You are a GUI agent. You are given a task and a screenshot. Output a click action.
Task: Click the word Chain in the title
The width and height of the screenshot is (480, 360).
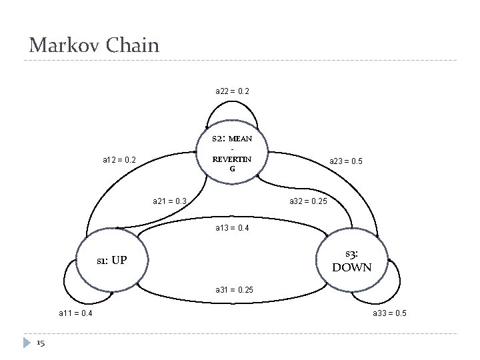click(133, 45)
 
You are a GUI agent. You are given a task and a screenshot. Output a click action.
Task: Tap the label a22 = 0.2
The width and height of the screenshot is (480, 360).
click(232, 90)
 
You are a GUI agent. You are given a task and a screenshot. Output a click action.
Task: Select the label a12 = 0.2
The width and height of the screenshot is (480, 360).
click(119, 160)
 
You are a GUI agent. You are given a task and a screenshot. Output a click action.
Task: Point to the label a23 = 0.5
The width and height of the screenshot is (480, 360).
click(346, 160)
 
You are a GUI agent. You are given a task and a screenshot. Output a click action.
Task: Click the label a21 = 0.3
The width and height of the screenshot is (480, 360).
click(170, 200)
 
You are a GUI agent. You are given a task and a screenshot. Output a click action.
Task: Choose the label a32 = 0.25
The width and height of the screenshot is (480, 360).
click(308, 200)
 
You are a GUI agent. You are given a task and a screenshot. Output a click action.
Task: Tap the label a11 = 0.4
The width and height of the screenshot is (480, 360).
click(75, 313)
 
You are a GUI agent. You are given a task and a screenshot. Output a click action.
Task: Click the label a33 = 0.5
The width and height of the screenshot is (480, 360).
click(390, 313)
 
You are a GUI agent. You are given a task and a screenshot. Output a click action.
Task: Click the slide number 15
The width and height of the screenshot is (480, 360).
click(41, 343)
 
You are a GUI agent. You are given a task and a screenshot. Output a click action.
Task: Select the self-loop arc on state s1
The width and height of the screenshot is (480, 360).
click(67, 280)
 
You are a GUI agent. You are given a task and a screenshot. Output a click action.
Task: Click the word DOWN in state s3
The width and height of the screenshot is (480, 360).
click(351, 268)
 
